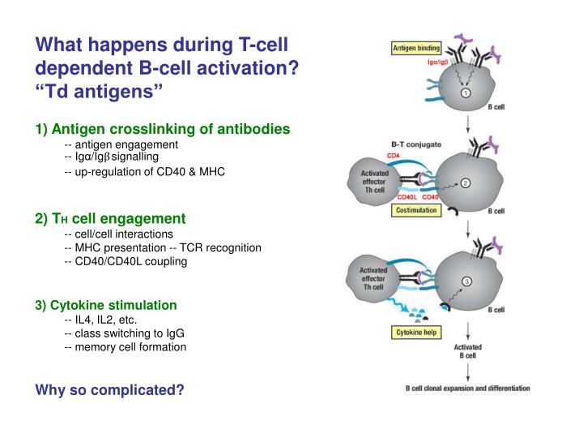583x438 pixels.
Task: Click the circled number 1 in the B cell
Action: [x=466, y=93]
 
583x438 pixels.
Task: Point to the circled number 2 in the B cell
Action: [x=466, y=182]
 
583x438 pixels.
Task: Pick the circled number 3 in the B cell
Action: [x=466, y=281]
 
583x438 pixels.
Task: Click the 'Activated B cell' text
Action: [x=467, y=351]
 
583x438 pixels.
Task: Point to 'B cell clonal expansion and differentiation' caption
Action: [x=467, y=388]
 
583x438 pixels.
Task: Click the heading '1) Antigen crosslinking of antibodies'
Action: [x=163, y=129]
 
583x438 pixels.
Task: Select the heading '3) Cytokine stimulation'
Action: [x=106, y=305]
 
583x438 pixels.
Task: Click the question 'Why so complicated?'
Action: [x=110, y=390]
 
